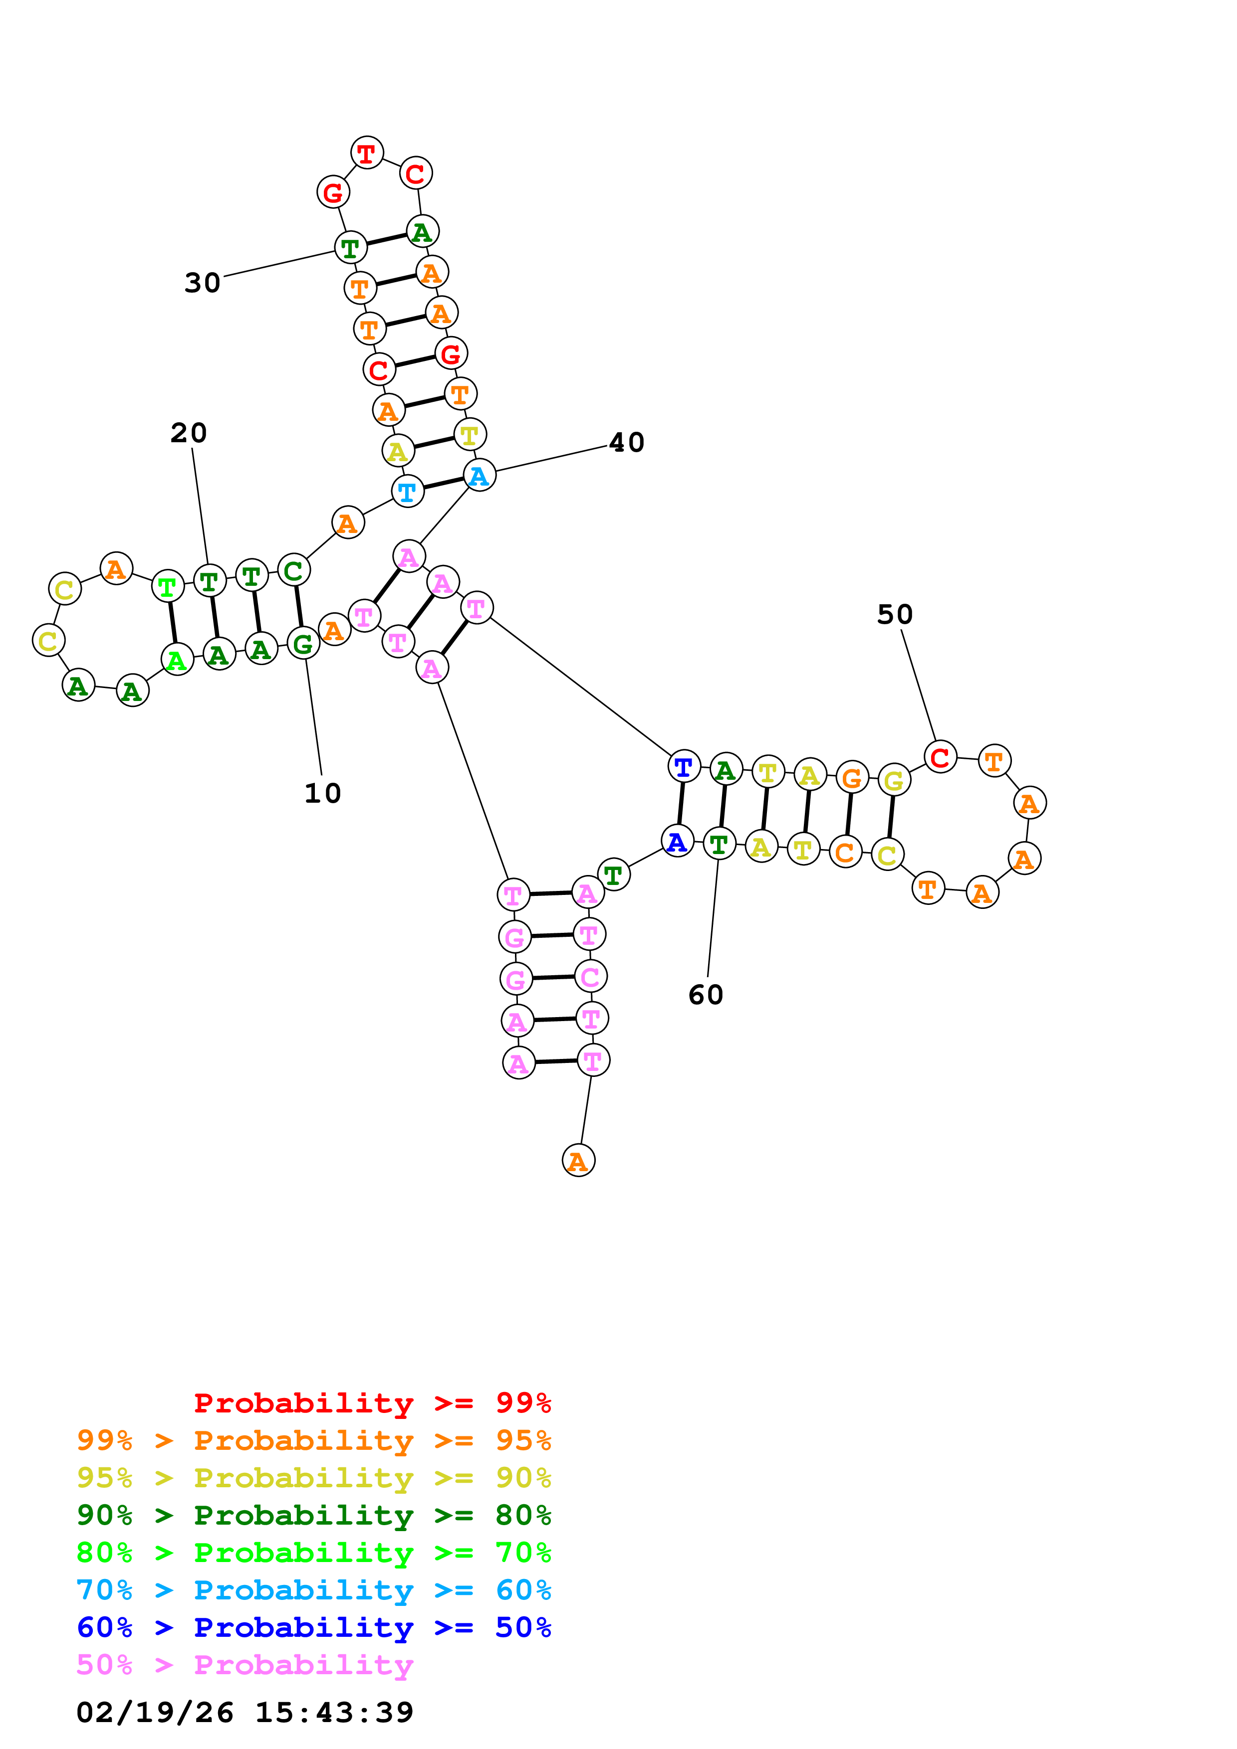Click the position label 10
click(322, 793)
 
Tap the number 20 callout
click(188, 433)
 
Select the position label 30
click(203, 283)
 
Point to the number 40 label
click(627, 443)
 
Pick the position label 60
click(706, 995)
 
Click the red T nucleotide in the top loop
click(367, 153)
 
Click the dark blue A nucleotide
click(677, 841)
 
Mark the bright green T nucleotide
click(168, 586)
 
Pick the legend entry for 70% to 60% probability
click(313, 1590)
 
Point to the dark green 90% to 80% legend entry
click(313, 1515)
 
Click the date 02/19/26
click(155, 1713)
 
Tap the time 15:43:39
click(334, 1713)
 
